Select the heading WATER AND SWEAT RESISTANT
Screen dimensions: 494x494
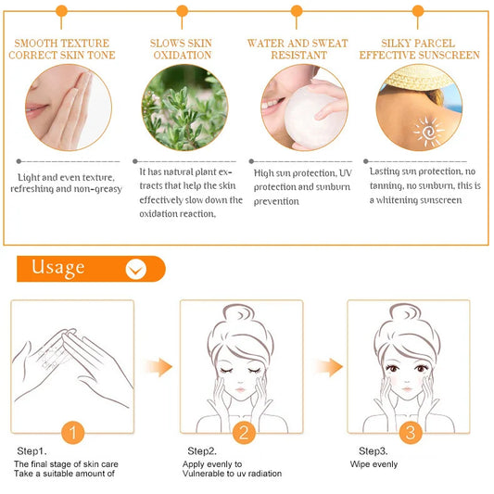298,49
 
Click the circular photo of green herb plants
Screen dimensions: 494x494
184,108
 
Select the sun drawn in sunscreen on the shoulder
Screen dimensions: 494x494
428,133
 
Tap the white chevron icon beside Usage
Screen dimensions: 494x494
136,270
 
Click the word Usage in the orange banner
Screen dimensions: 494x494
58,269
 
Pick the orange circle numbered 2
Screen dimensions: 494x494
243,432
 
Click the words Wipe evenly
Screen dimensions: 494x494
374,462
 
